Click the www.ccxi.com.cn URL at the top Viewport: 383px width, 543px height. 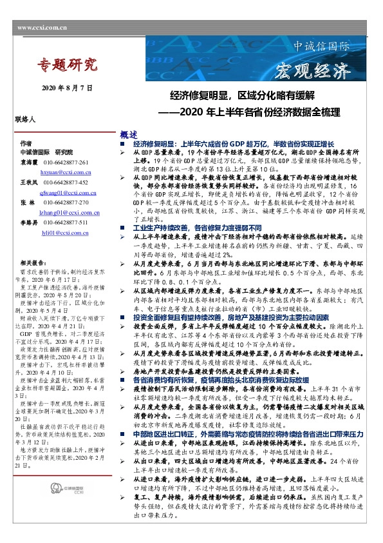click(x=42, y=28)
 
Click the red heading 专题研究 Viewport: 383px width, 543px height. click(x=67, y=64)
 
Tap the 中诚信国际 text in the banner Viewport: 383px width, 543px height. click(x=321, y=48)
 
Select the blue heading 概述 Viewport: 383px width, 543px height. click(x=129, y=135)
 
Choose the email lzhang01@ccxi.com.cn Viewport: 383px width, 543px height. click(x=68, y=212)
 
